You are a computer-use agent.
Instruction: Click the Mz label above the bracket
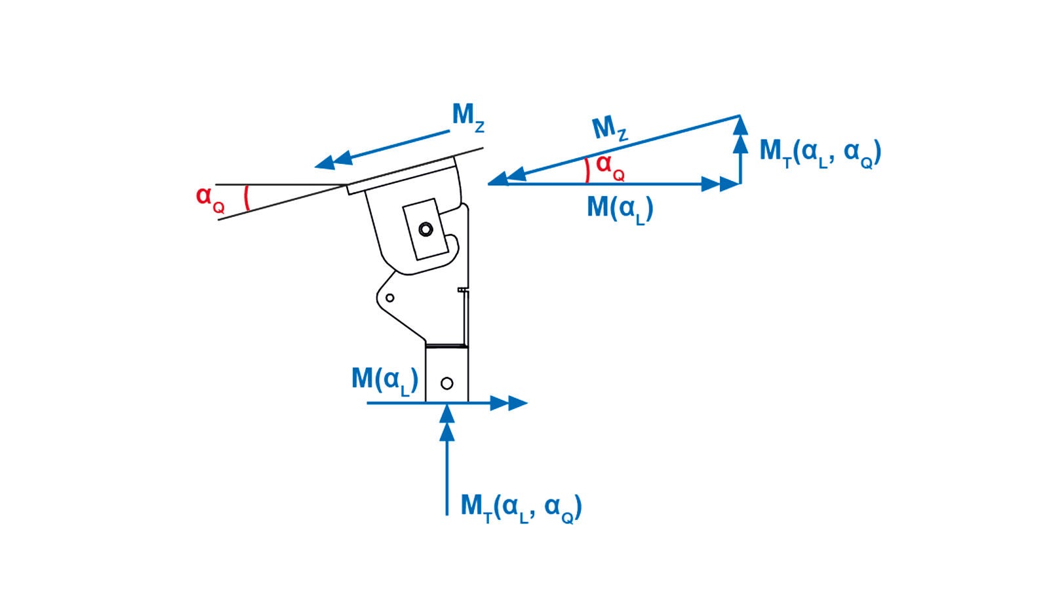467,117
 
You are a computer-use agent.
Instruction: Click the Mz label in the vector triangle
609,128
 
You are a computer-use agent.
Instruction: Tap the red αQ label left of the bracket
210,198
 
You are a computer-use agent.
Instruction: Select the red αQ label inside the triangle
610,168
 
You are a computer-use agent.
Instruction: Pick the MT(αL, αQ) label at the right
820,153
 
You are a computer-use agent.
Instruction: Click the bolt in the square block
426,229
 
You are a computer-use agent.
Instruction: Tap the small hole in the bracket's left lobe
390,298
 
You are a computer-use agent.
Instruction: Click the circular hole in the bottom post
447,383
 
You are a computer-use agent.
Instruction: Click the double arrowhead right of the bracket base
509,403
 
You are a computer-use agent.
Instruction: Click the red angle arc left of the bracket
246,198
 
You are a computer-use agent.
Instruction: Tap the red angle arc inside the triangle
587,170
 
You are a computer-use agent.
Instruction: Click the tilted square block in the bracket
426,229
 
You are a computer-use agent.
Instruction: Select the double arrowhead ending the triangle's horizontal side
720,184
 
